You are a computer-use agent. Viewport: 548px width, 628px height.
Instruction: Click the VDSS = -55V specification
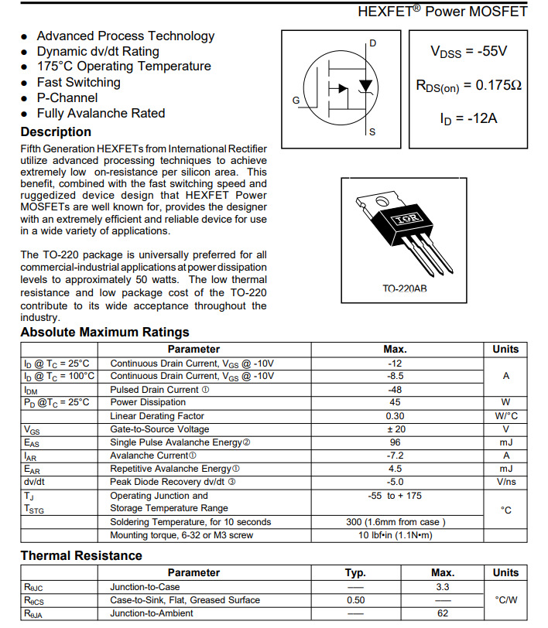pyautogui.click(x=468, y=52)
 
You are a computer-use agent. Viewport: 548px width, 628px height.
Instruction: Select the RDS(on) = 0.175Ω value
pyautogui.click(x=468, y=85)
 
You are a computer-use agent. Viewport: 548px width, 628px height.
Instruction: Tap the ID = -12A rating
pyautogui.click(x=468, y=118)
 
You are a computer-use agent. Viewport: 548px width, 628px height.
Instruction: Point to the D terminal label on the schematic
pyautogui.click(x=372, y=43)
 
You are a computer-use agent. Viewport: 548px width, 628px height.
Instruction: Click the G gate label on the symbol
pyautogui.click(x=296, y=101)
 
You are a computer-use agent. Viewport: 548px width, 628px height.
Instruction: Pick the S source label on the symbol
pyautogui.click(x=372, y=132)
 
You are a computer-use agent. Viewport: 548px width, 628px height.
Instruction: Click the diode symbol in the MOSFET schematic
pyautogui.click(x=366, y=84)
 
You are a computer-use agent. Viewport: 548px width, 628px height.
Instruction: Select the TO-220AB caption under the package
pyautogui.click(x=405, y=288)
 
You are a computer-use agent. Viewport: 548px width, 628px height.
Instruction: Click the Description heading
pyautogui.click(x=56, y=131)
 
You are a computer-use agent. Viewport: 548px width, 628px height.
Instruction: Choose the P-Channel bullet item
pyautogui.click(x=67, y=97)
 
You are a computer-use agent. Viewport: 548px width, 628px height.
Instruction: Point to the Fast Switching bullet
pyautogui.click(x=78, y=82)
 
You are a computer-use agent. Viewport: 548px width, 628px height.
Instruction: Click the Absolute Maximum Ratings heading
pyautogui.click(x=104, y=332)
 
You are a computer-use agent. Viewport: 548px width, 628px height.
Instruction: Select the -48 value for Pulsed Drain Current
pyautogui.click(x=396, y=389)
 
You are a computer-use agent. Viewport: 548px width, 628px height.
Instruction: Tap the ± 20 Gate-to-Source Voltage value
pyautogui.click(x=396, y=429)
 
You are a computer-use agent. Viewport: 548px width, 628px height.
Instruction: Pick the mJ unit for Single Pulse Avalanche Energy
pyautogui.click(x=505, y=442)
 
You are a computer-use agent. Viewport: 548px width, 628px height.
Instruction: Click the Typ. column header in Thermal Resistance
pyautogui.click(x=355, y=572)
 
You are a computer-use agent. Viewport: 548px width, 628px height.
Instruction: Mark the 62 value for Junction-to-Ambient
pyautogui.click(x=442, y=613)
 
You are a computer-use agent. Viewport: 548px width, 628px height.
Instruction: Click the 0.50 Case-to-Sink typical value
pyautogui.click(x=355, y=599)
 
